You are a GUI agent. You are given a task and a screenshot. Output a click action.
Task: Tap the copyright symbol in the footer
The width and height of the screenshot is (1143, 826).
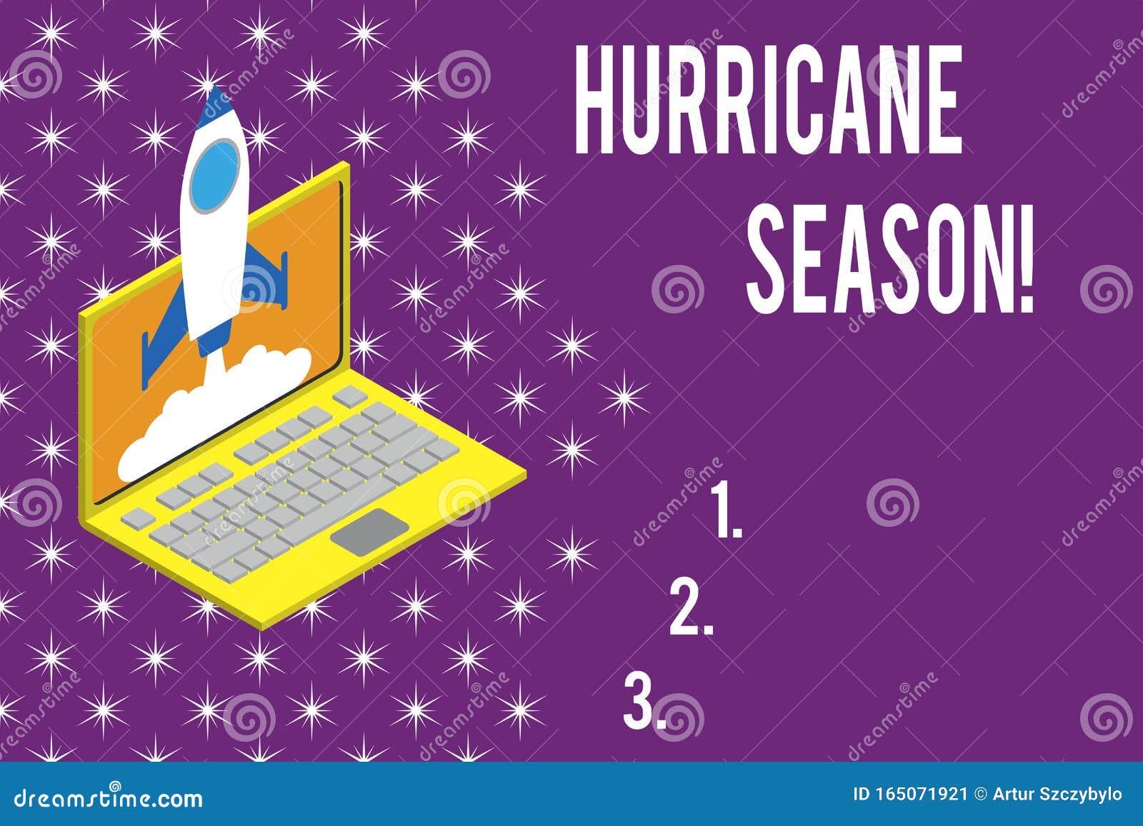coord(979,795)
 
